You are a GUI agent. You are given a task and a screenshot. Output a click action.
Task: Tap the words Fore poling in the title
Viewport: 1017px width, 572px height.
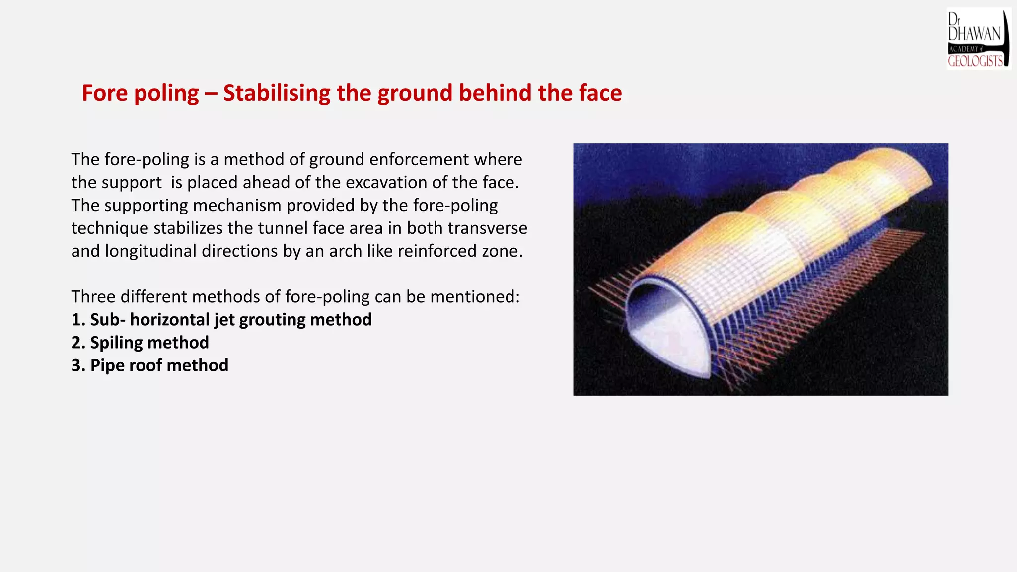(140, 93)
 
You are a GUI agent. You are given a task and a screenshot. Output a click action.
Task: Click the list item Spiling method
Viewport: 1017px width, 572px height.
(140, 343)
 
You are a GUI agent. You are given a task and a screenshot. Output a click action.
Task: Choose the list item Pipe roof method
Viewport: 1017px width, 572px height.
(150, 365)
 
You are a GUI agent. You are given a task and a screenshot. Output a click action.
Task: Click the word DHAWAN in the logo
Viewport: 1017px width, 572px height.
(974, 34)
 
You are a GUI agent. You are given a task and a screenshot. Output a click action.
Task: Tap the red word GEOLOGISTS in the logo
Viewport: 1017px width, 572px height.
(975, 61)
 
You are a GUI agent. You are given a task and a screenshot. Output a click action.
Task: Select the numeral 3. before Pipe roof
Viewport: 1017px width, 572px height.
(78, 365)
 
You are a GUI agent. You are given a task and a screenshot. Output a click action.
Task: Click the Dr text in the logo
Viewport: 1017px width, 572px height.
(953, 19)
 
